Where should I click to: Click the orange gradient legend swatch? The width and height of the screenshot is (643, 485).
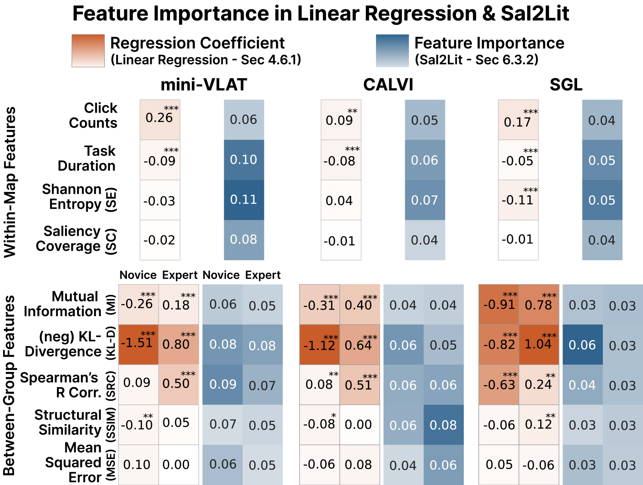pos(88,51)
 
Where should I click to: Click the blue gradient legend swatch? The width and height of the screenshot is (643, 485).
pos(392,51)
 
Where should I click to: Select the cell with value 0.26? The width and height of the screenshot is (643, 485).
pos(160,120)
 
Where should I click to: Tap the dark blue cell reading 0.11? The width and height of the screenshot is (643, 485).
pos(244,200)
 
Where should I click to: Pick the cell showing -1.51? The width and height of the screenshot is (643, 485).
pos(138,344)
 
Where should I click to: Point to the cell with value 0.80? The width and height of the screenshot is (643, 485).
pos(178,344)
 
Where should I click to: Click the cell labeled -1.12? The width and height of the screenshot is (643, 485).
pos(319,344)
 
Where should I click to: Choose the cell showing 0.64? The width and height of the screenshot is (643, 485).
pos(360,344)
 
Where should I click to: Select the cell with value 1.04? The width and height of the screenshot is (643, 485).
pos(539,344)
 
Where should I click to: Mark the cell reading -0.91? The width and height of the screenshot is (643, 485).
pos(499,305)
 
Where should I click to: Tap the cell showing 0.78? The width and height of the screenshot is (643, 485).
pos(539,305)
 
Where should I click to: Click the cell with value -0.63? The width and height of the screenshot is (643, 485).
pos(499,385)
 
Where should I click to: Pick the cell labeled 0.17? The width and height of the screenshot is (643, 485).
pos(518,120)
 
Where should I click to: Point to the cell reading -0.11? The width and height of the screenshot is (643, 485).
pos(518,200)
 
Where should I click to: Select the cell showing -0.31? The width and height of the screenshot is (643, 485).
pos(319,305)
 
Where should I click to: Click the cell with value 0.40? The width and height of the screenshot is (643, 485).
pos(360,305)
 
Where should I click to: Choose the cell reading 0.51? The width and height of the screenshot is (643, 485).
pos(360,385)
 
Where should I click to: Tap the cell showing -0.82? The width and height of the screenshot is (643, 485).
pos(499,344)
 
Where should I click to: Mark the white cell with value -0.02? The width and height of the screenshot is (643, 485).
pos(160,240)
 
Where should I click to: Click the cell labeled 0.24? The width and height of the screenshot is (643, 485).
pos(539,385)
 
